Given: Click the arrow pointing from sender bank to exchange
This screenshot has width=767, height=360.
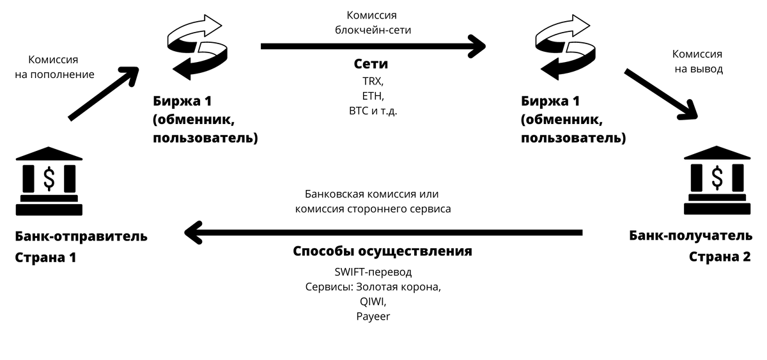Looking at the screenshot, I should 104,92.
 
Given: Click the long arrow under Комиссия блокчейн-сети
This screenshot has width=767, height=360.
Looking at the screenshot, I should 373,47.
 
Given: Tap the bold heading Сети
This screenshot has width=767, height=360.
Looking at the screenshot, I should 371,65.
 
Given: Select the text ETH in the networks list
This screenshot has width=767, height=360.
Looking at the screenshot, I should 372,96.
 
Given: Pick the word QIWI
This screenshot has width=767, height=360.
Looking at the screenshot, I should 373,302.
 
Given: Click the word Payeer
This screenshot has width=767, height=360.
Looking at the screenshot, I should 373,316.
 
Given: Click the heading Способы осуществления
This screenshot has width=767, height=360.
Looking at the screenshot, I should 382,251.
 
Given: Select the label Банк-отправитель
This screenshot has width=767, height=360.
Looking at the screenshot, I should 81,237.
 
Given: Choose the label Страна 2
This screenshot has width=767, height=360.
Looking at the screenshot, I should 719,256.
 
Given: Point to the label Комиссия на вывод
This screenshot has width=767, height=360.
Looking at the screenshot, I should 698,61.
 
